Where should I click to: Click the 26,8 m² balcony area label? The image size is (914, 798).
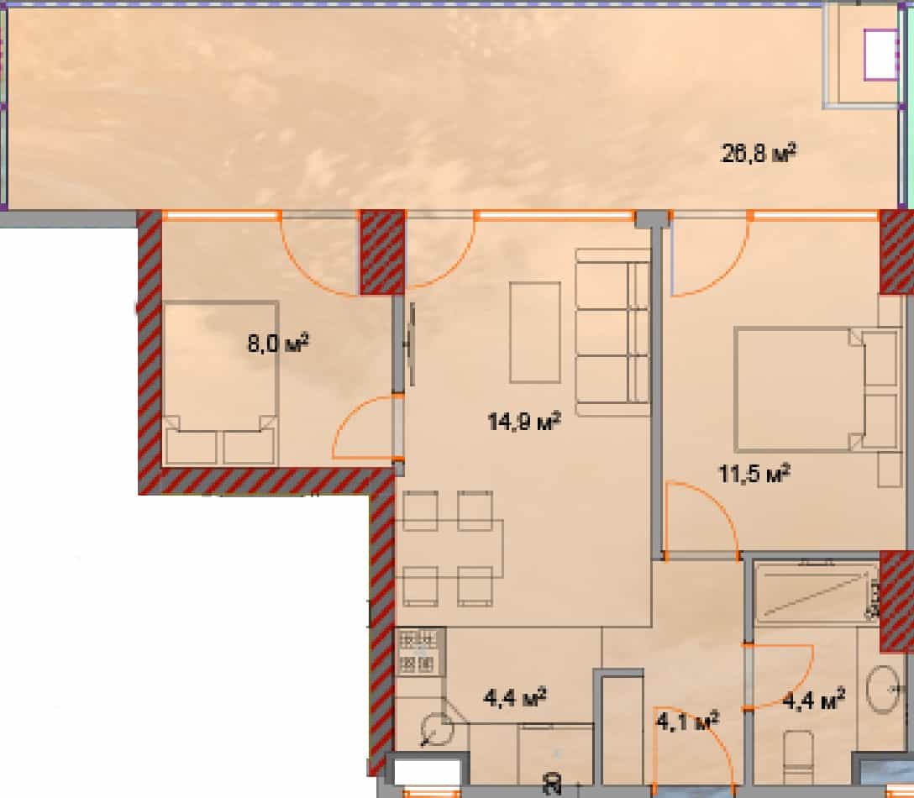coord(759,154)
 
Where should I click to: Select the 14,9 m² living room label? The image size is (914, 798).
coord(524,421)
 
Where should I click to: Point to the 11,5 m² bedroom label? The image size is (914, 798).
coord(754,475)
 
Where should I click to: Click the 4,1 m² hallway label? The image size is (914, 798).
coord(686,720)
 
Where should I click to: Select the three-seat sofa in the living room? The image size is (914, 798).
coord(612,333)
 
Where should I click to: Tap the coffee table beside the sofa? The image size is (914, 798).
coord(535,333)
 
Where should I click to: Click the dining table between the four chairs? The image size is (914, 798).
coord(454,549)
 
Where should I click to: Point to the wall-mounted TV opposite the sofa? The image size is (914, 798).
coord(411,344)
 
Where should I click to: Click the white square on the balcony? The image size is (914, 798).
coord(880,55)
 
